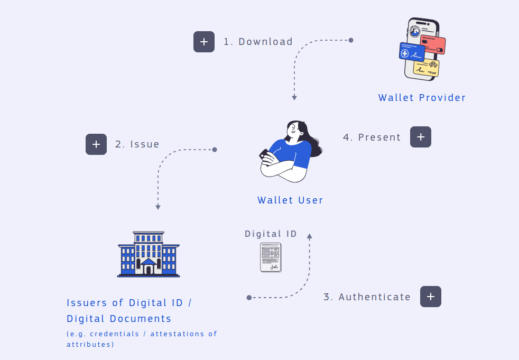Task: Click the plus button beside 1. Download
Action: (x=204, y=42)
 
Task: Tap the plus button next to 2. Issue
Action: (x=96, y=144)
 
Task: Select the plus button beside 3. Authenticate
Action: (x=431, y=297)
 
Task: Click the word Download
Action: (x=265, y=42)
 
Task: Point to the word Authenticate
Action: (x=375, y=297)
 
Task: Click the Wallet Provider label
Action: (x=422, y=98)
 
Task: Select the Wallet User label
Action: (x=290, y=200)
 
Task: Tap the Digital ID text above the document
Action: (x=271, y=234)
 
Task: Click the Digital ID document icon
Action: (x=271, y=257)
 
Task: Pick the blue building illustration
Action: (x=149, y=254)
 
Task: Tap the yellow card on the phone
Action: (x=426, y=68)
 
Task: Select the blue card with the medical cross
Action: (x=411, y=52)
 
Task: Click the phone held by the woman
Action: (x=264, y=155)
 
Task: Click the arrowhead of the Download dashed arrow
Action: (x=294, y=98)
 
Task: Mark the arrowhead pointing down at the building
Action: (x=158, y=207)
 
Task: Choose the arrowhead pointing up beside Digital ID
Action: (x=310, y=236)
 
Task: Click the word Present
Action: (x=379, y=137)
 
